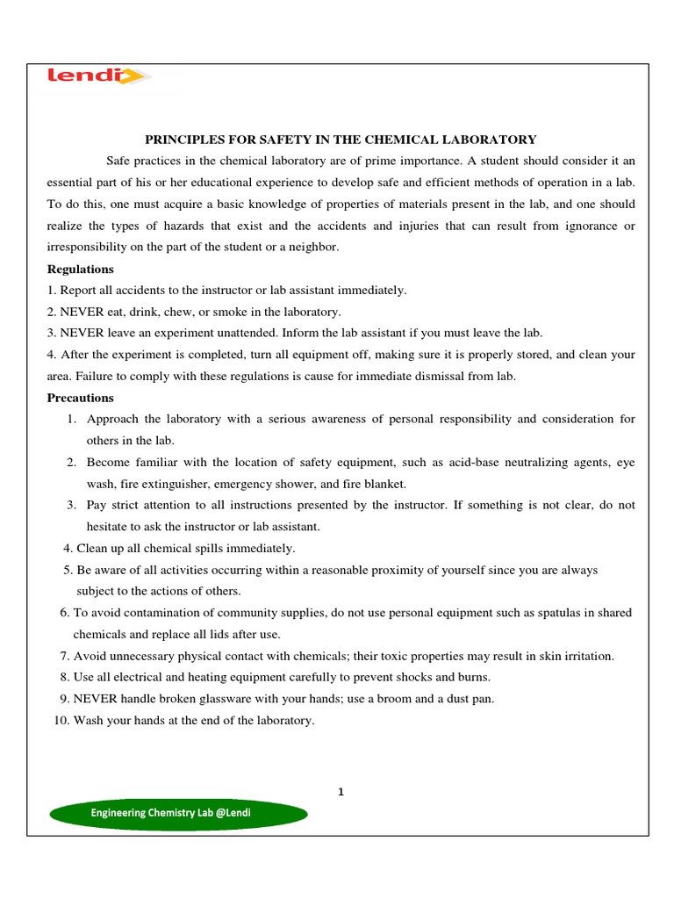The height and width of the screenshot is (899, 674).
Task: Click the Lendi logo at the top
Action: click(97, 77)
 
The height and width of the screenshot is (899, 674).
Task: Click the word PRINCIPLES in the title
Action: click(180, 140)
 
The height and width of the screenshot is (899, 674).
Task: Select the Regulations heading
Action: click(80, 269)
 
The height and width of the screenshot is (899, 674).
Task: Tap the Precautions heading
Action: click(80, 398)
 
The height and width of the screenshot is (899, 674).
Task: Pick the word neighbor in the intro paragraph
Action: click(312, 247)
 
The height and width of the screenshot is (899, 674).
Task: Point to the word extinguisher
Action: click(178, 484)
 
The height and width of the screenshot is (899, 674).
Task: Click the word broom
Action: click(398, 699)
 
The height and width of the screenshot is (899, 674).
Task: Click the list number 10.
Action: click(61, 720)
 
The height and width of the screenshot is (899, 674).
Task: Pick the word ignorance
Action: click(585, 226)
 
